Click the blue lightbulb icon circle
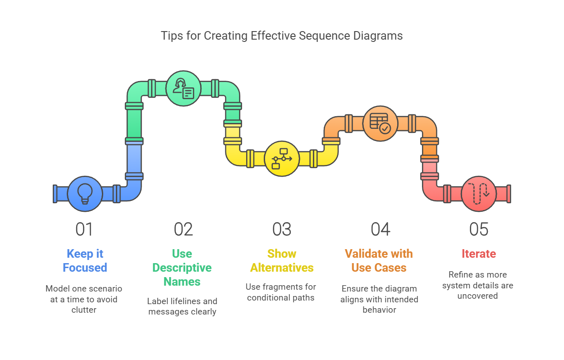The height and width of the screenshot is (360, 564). [x=85, y=194]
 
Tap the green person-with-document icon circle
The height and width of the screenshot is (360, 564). [x=183, y=88]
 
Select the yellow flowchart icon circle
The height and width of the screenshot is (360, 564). [x=282, y=158]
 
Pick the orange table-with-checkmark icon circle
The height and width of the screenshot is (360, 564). [x=380, y=123]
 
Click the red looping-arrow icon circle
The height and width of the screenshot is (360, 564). [x=479, y=194]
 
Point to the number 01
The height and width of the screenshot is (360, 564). [x=84, y=229]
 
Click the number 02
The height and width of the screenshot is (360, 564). [x=183, y=229]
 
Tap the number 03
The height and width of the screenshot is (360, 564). [x=282, y=229]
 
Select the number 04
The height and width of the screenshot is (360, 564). [x=380, y=229]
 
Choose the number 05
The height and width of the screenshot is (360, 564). [x=479, y=229]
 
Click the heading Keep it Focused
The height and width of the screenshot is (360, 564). [x=85, y=260]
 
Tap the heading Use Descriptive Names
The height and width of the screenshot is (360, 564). [x=182, y=268]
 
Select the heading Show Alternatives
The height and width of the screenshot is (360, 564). [x=282, y=260]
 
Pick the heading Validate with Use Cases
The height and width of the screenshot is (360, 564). [x=379, y=260]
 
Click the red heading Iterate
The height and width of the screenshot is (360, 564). [x=479, y=254]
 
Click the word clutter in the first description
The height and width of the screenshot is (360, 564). [x=84, y=310]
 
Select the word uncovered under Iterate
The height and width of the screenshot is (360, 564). [x=477, y=296]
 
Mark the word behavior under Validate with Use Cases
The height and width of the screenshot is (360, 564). [x=379, y=310]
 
